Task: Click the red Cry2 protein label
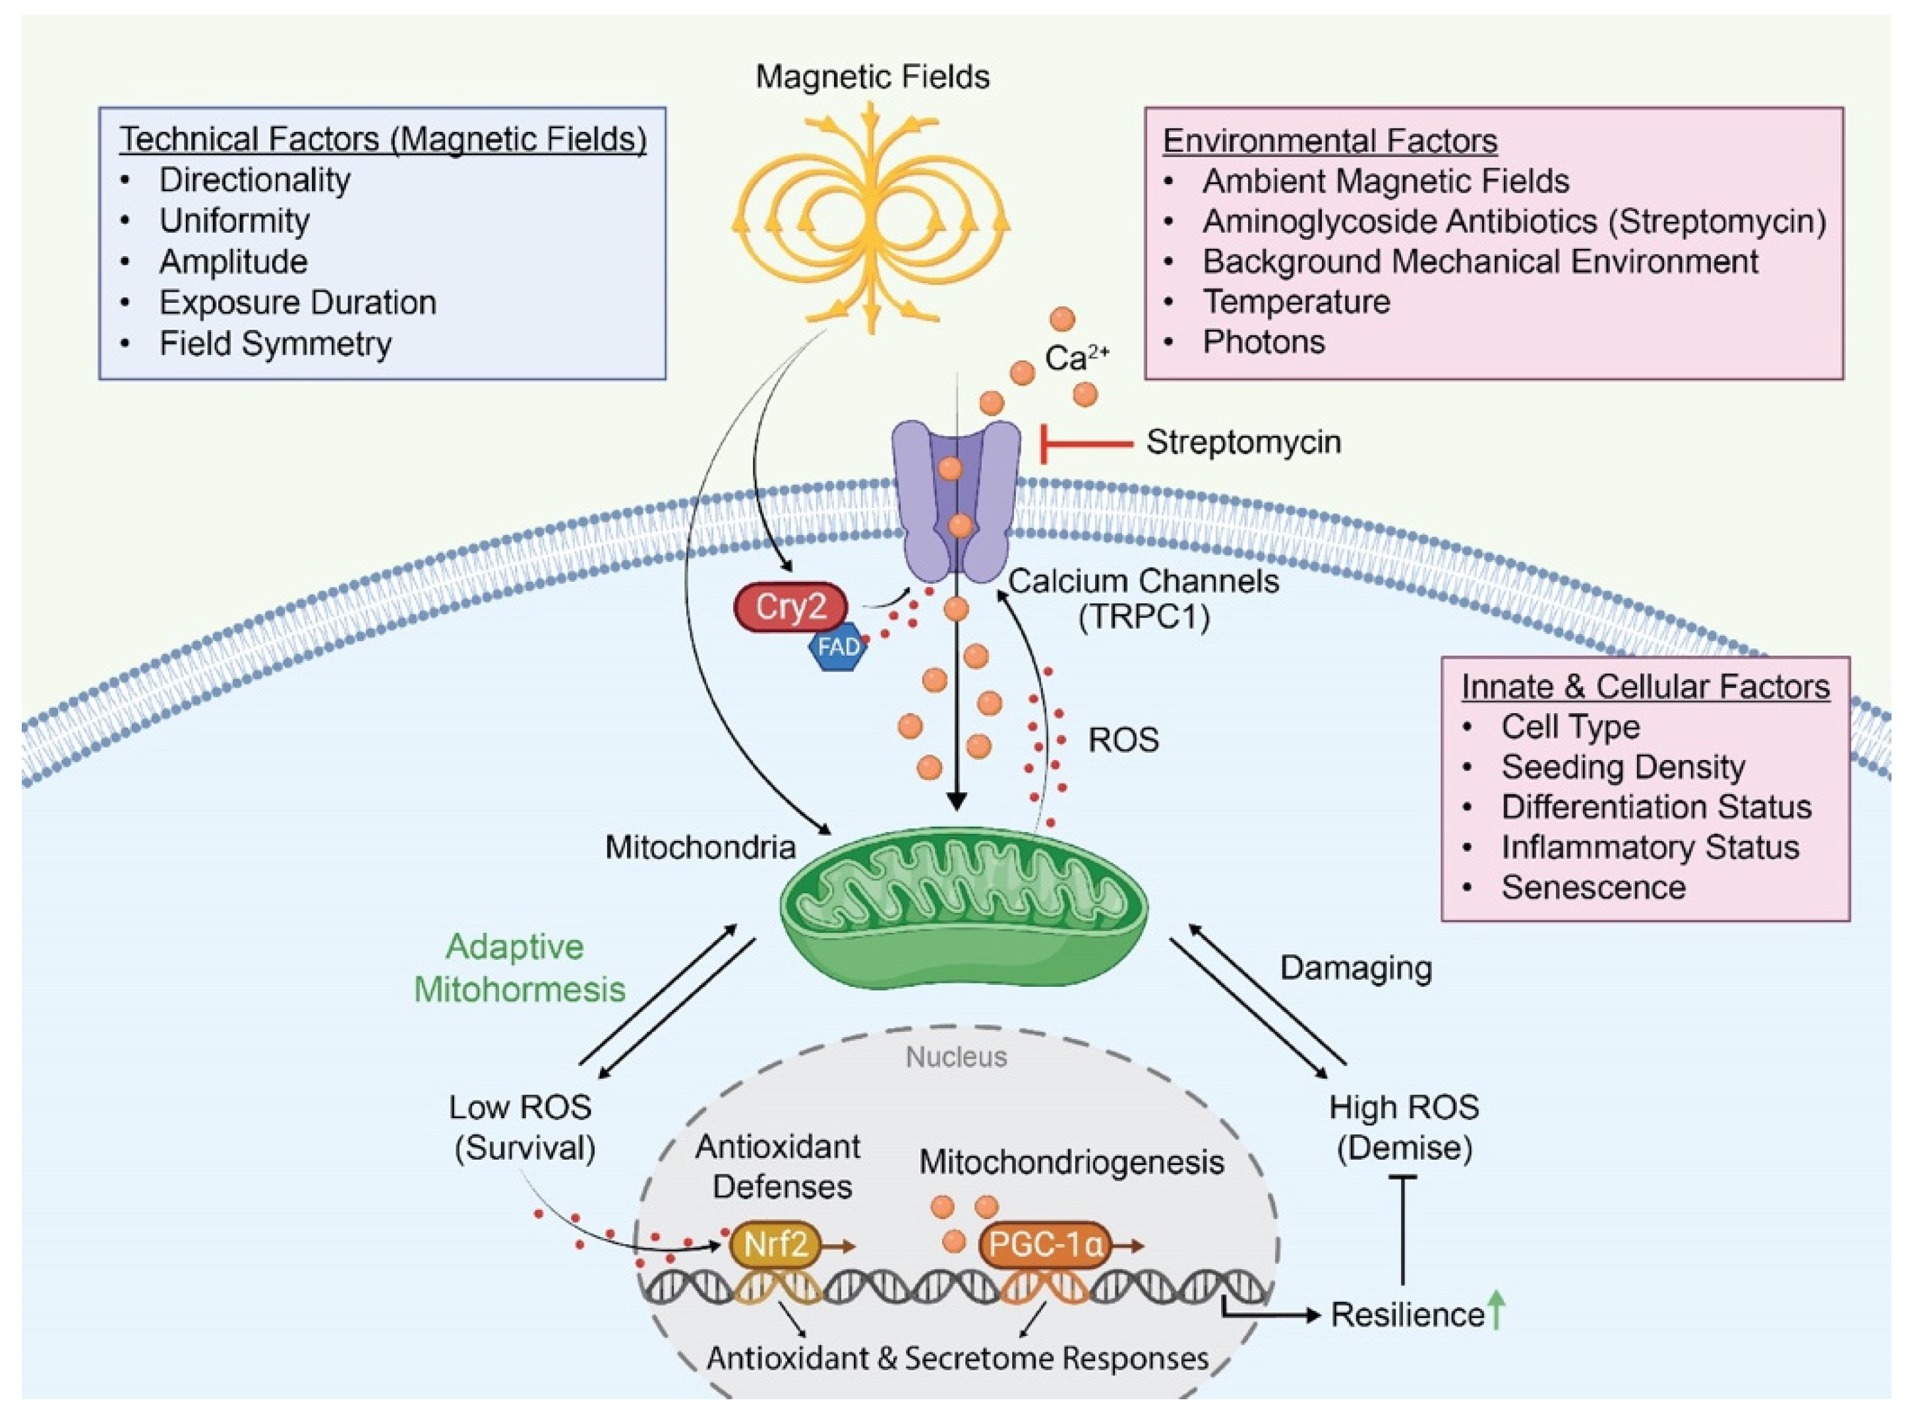point(789,608)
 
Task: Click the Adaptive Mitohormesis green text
point(520,968)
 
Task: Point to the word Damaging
point(1355,968)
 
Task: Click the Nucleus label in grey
point(956,1056)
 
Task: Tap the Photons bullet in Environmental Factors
point(1263,342)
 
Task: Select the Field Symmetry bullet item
point(275,343)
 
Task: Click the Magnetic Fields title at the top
point(872,77)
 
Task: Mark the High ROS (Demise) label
point(1403,1127)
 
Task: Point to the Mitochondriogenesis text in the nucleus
point(1071,1162)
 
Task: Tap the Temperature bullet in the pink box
point(1295,302)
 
